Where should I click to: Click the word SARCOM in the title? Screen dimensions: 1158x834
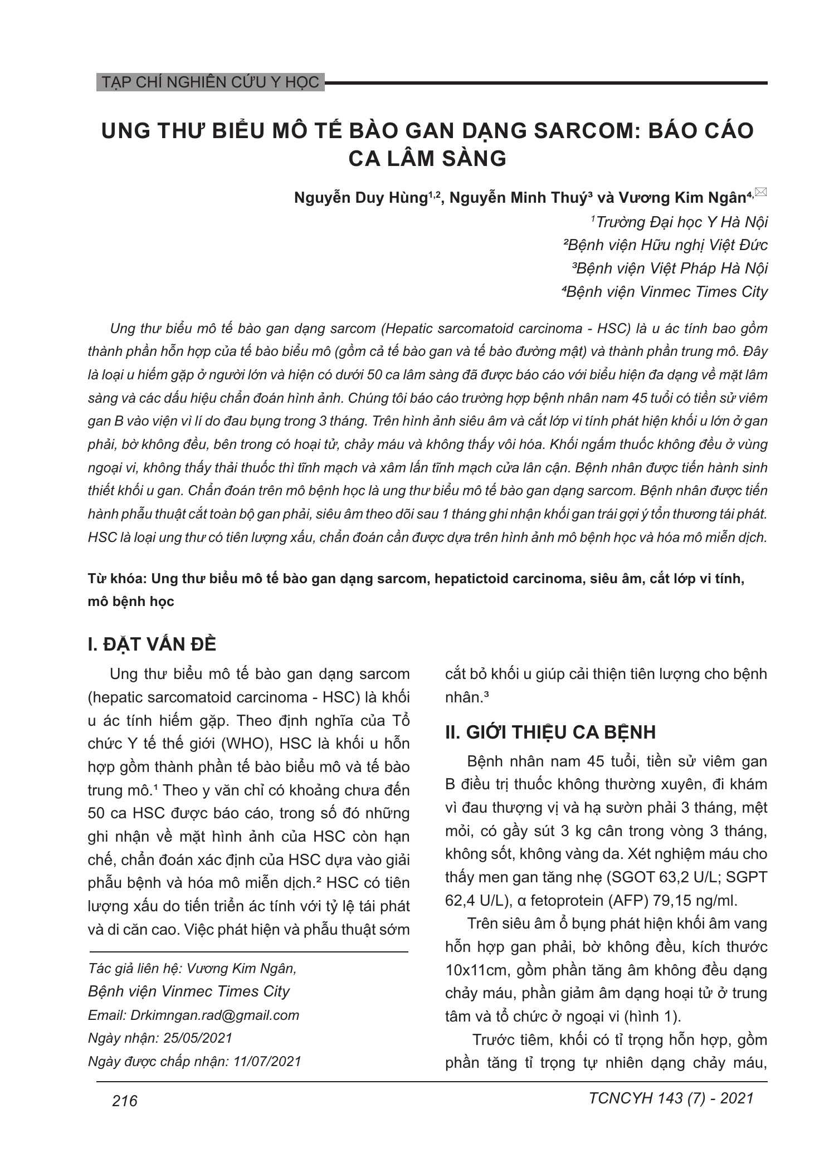click(x=581, y=130)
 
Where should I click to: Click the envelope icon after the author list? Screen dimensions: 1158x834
click(x=762, y=192)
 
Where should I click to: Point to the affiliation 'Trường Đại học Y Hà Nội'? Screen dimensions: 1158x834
click(x=681, y=222)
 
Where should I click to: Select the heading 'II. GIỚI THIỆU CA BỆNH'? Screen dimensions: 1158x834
click(x=550, y=731)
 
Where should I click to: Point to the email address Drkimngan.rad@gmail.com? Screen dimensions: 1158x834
click(x=214, y=1015)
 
